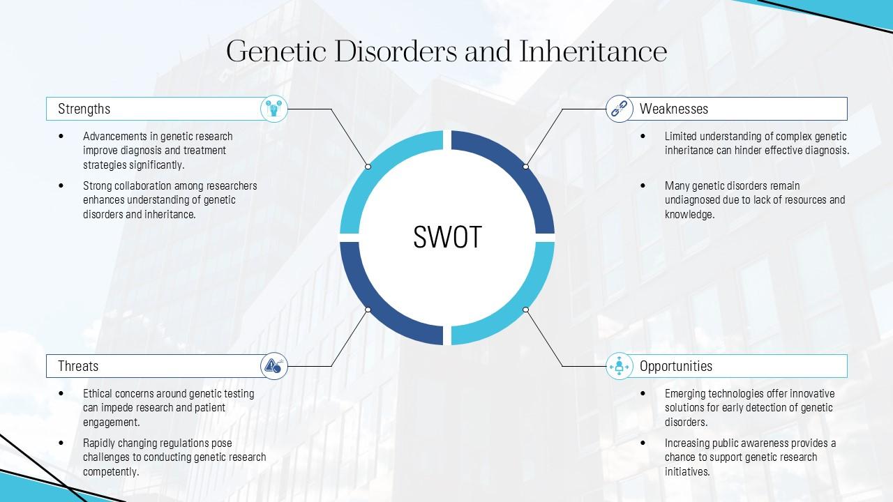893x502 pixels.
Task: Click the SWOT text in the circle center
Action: coord(447,237)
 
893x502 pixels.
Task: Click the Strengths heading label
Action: coord(84,109)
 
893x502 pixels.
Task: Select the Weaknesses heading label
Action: coord(673,109)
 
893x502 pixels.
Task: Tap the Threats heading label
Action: coord(78,366)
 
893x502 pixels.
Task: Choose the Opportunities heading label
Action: coord(675,366)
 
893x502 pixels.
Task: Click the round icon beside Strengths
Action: coord(274,109)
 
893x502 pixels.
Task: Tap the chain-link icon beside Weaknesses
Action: coord(619,109)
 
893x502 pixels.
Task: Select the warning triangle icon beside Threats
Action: coord(274,365)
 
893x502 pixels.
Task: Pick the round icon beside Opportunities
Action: coord(619,366)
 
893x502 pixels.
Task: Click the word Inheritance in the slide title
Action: coord(592,52)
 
